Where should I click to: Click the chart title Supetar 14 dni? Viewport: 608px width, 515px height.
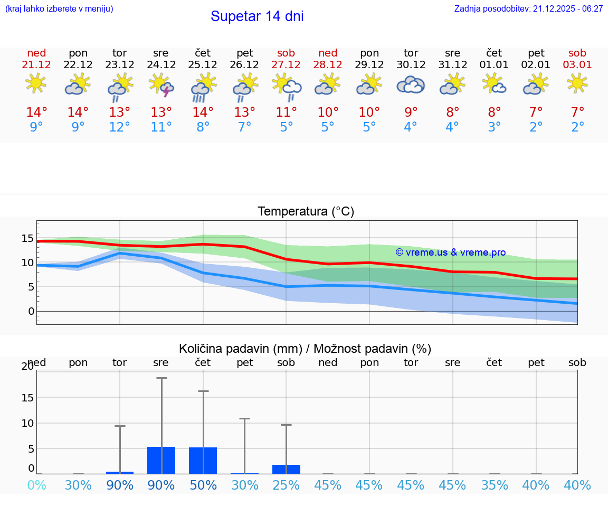pos(257,16)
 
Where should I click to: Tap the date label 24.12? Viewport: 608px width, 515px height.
pos(161,65)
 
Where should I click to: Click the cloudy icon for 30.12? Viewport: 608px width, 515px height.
pos(411,85)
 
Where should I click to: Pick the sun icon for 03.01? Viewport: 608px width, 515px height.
pos(577,83)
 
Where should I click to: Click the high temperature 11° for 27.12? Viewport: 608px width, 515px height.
pos(286,113)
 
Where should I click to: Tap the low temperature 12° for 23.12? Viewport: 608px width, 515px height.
pos(120,127)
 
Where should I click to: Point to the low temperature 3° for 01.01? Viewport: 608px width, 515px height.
pos(494,127)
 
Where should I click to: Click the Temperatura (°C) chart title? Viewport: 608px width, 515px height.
pos(306,212)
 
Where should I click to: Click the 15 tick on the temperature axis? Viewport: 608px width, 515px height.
pos(27,238)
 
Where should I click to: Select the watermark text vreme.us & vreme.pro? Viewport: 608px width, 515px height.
pos(451,252)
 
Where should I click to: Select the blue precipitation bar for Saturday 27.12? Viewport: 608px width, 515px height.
pos(286,469)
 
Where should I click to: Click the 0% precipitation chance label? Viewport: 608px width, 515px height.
pos(36,485)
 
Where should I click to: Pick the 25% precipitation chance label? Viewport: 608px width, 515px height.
pos(286,485)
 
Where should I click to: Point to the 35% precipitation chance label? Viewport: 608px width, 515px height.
pos(494,485)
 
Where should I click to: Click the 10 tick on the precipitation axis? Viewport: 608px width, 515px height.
pos(27,423)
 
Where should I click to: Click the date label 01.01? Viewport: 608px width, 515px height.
pos(494,65)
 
